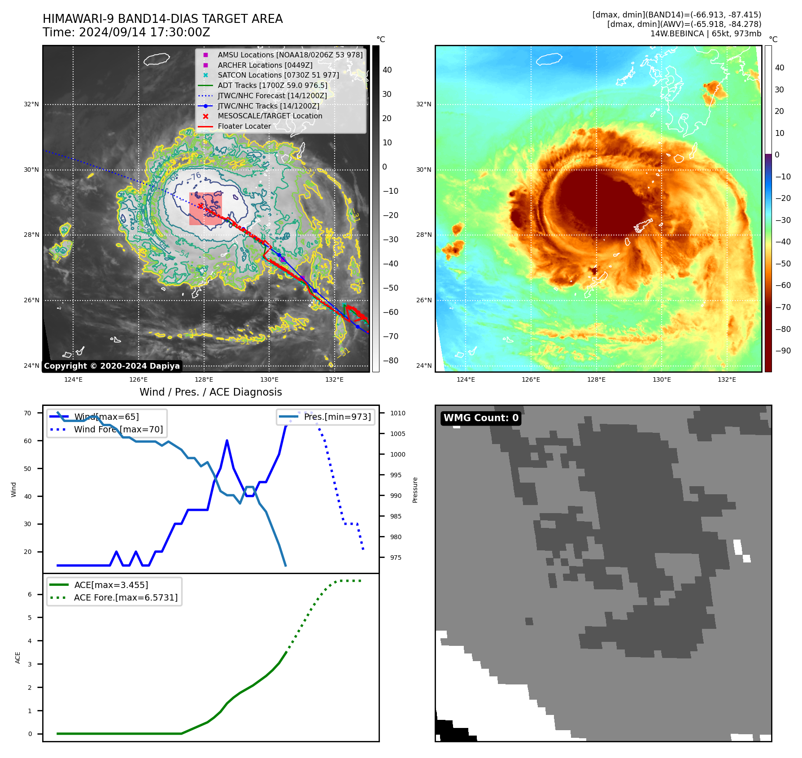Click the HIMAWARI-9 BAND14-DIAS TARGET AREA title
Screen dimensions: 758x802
(x=162, y=19)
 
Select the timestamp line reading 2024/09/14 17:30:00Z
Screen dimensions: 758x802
(x=126, y=32)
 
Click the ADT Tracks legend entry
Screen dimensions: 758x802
(x=272, y=85)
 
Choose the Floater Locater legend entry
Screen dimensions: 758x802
(x=244, y=126)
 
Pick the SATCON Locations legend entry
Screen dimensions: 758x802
(x=278, y=75)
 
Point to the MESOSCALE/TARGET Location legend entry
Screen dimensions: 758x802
(x=270, y=116)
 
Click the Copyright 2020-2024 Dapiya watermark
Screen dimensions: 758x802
(x=112, y=366)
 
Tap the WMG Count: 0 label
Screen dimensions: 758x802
(x=481, y=418)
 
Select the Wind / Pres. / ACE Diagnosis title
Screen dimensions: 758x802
(x=210, y=392)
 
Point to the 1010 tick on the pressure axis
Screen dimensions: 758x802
(x=397, y=414)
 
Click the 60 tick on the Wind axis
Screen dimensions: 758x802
(x=28, y=441)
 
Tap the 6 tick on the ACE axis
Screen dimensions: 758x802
(x=30, y=595)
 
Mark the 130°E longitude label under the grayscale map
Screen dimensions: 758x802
(x=269, y=379)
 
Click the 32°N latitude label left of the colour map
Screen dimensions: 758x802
(x=423, y=105)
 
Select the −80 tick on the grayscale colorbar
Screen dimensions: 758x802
(x=390, y=361)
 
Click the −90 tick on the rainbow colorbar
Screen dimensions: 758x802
(x=783, y=351)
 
